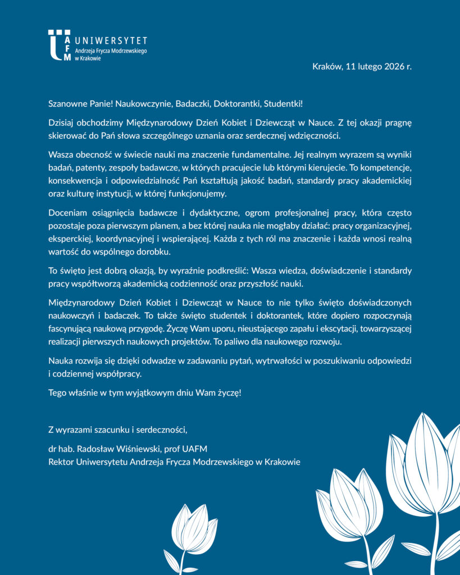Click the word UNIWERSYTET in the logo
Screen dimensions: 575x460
111,40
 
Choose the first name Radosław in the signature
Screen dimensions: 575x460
100,449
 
